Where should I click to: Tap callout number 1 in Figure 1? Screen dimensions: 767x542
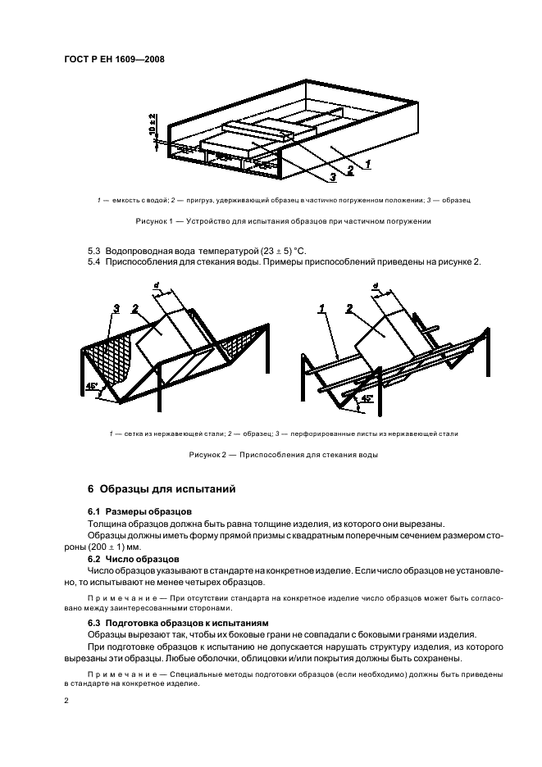[368, 164]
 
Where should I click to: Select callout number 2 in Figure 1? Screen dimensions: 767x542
[350, 170]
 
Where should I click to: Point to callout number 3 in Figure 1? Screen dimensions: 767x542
[333, 175]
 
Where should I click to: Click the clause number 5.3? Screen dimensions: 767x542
[95, 249]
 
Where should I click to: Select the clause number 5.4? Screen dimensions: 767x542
[95, 261]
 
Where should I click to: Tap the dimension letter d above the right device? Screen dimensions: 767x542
[375, 286]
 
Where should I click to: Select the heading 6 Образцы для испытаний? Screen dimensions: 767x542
[162, 489]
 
